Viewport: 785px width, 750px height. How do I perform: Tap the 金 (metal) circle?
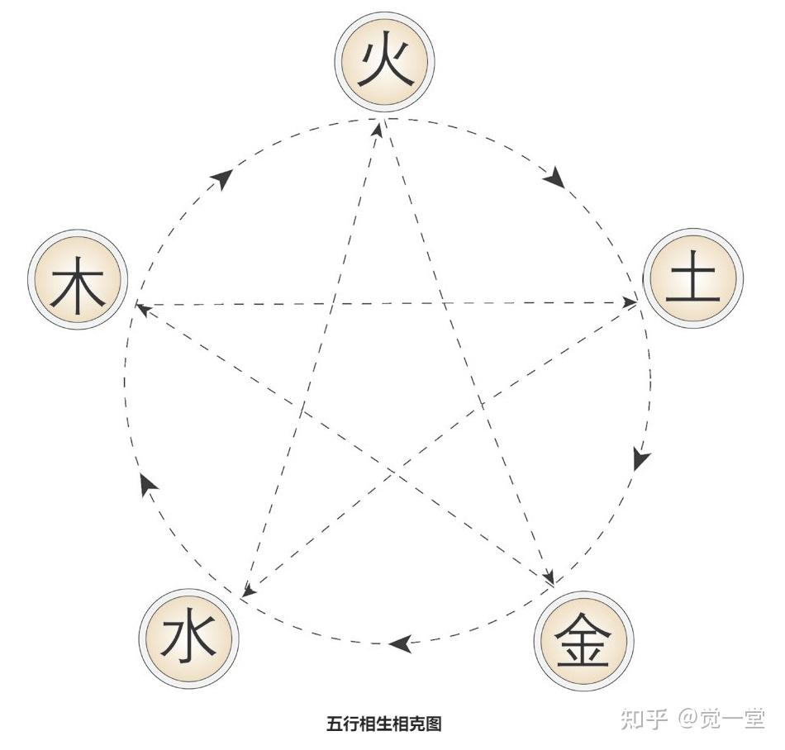[x=583, y=640]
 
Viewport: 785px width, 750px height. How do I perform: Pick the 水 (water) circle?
[x=188, y=640]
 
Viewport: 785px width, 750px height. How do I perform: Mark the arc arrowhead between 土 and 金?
[x=641, y=458]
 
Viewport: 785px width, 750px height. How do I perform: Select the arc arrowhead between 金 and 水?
[x=400, y=643]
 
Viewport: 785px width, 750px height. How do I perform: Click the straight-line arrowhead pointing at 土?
[x=630, y=303]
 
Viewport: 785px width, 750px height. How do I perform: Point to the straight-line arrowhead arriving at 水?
[x=246, y=589]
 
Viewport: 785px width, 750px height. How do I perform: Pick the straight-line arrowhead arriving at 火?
[x=378, y=128]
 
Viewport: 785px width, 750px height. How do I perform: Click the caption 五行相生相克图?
[x=384, y=724]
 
